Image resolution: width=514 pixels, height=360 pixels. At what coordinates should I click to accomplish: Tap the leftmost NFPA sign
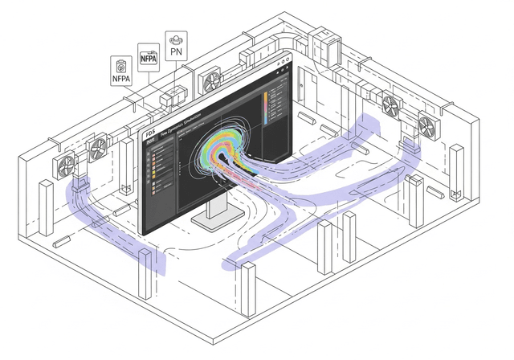pyautogui.click(x=121, y=70)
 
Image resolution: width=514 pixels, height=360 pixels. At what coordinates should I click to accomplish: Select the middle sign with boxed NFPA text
pyautogui.click(x=149, y=58)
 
